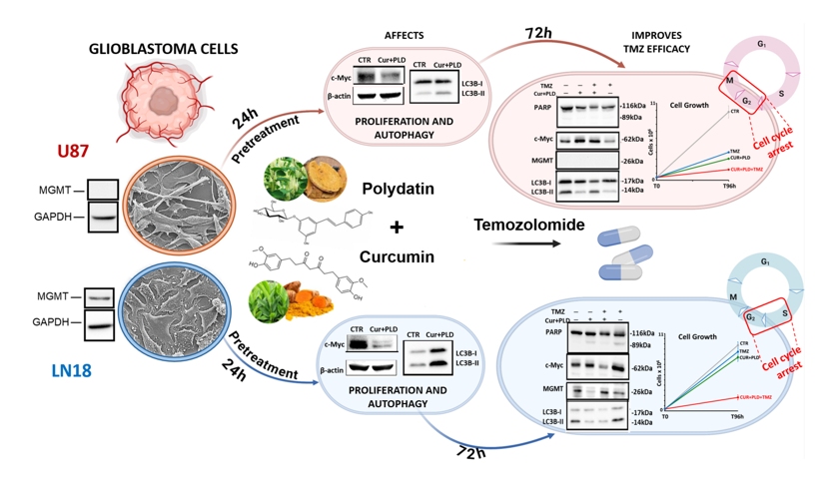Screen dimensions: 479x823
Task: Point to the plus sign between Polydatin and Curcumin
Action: [x=397, y=227]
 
